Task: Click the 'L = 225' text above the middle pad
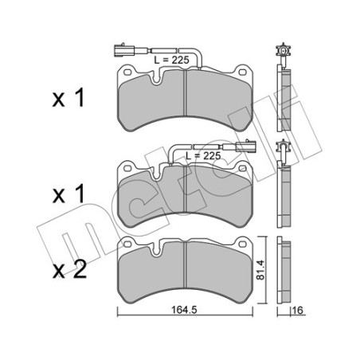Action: pos(201,156)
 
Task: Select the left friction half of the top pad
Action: pos(151,104)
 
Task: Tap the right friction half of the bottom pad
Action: pos(218,275)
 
